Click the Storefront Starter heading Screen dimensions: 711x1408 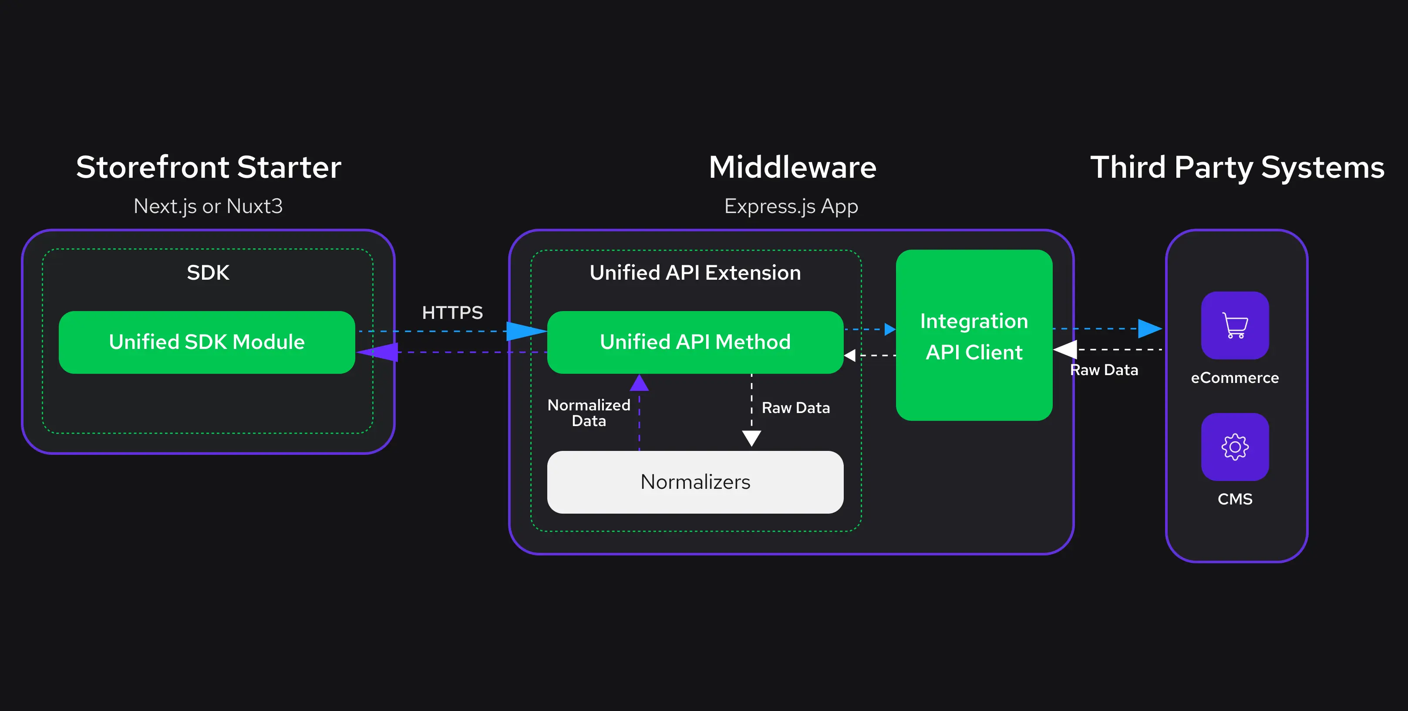(x=208, y=167)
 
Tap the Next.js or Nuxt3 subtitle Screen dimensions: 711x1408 (x=208, y=206)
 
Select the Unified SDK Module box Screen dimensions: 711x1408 (x=207, y=342)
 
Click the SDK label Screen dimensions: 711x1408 (x=208, y=272)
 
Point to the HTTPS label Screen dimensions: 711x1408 (x=452, y=312)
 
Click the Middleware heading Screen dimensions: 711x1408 (x=792, y=167)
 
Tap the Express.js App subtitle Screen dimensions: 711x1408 (x=791, y=206)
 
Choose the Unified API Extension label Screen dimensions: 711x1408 (x=695, y=272)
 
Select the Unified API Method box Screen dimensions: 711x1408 (x=695, y=342)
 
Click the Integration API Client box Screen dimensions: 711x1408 (x=973, y=336)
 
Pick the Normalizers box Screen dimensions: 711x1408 (x=695, y=482)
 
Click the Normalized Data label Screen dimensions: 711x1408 (x=589, y=413)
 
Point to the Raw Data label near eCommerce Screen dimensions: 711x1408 (x=1104, y=370)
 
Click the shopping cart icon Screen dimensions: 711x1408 (x=1235, y=325)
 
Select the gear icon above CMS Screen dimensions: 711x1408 (x=1235, y=447)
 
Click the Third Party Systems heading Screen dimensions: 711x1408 (x=1237, y=167)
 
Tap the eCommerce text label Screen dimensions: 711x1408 (x=1235, y=377)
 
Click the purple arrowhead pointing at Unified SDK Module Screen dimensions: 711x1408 (x=380, y=352)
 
